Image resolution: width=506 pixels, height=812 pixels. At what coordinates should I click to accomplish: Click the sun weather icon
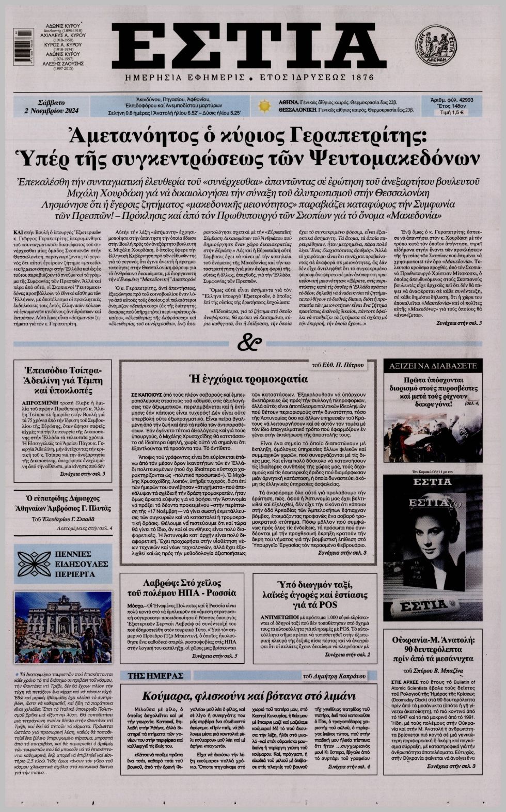click(264, 106)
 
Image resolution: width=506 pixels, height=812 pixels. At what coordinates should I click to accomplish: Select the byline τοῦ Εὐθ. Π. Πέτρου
click(338, 365)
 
